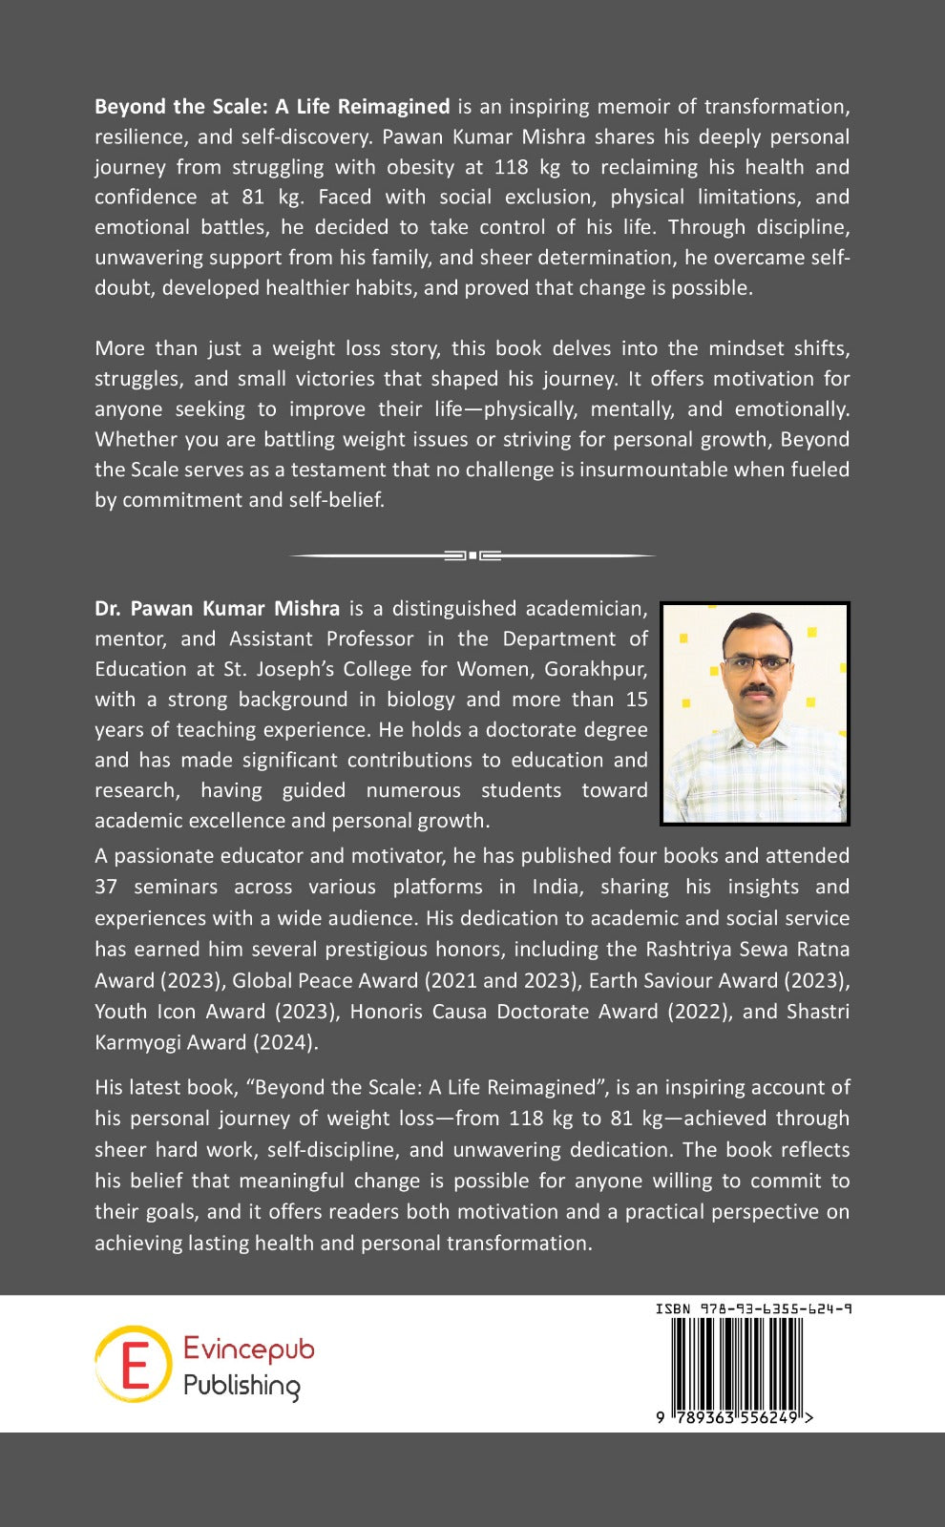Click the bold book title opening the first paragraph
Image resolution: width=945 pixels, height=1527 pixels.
point(272,107)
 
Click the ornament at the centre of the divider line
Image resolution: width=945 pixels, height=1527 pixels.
point(472,554)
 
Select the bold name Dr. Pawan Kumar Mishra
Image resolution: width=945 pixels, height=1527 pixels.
point(218,609)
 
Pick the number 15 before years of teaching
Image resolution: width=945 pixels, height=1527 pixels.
point(637,700)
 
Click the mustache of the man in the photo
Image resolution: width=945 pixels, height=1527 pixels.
point(756,688)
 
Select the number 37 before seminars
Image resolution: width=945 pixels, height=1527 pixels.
point(106,887)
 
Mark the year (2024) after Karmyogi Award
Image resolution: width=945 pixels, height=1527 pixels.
point(283,1042)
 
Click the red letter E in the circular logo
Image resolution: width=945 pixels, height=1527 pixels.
point(134,1364)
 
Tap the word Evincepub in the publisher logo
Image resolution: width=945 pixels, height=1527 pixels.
point(248,1349)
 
